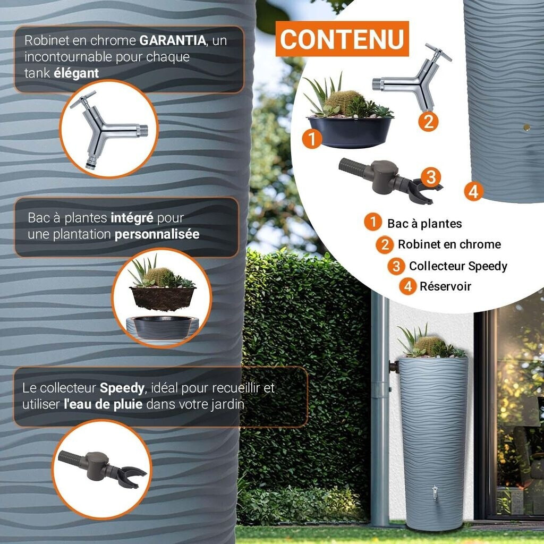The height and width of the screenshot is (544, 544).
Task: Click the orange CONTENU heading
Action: tap(343, 39)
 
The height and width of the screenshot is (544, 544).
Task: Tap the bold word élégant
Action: tap(76, 73)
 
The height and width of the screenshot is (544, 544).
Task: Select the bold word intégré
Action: tap(132, 217)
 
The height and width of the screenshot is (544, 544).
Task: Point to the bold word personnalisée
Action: tap(157, 234)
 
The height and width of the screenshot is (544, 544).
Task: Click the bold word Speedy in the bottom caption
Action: tap(122, 388)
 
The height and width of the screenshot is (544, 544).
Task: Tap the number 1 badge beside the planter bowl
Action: tap(312, 139)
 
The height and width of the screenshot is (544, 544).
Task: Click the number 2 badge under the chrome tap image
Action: tap(428, 122)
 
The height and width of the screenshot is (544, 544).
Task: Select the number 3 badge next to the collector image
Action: tap(431, 176)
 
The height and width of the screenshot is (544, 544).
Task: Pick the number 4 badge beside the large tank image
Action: tap(473, 191)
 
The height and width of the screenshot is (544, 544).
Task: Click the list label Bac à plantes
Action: tap(424, 224)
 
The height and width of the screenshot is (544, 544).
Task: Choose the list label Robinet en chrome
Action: tap(449, 244)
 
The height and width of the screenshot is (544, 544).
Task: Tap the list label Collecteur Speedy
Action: tap(457, 266)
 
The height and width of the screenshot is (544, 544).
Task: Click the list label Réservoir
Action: tap(445, 286)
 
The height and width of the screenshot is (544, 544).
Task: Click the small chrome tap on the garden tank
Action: tap(435, 492)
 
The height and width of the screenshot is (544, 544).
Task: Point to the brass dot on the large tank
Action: tap(526, 127)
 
